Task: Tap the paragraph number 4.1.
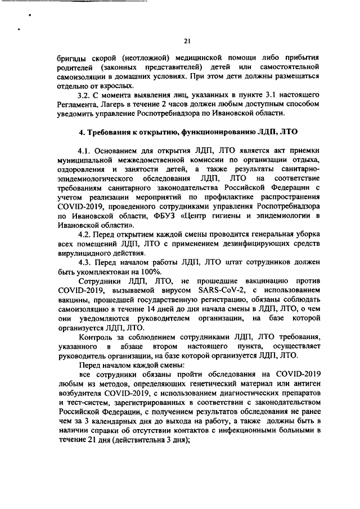[86, 150]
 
